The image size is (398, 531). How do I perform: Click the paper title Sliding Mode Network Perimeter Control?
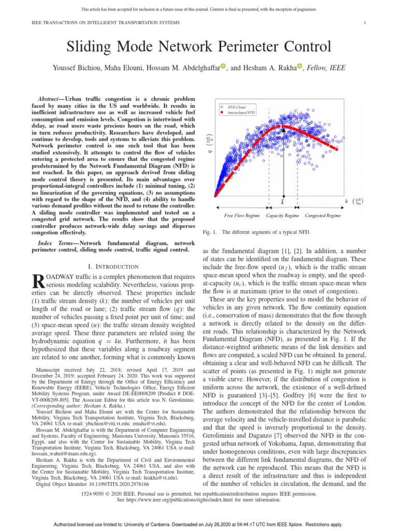(198, 48)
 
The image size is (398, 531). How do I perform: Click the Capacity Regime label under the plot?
(282, 215)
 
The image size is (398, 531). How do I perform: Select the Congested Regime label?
(322, 215)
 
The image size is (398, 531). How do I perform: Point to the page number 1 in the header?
(365, 23)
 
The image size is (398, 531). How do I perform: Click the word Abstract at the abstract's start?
(55, 99)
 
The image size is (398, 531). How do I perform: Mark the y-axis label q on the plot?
(210, 152)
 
